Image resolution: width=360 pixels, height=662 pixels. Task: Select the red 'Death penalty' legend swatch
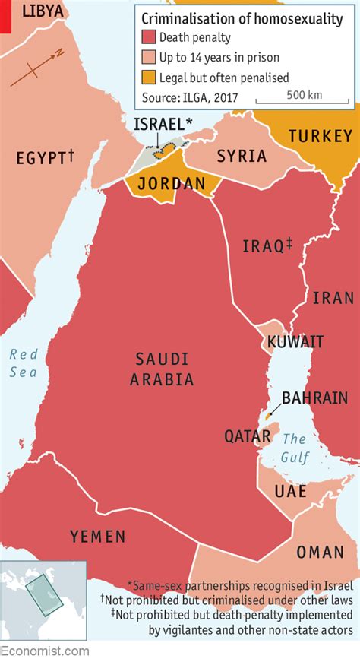[x=148, y=38]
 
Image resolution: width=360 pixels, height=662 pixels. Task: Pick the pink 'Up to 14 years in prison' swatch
[x=148, y=58]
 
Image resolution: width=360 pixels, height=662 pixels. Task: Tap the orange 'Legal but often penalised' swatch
[x=148, y=78]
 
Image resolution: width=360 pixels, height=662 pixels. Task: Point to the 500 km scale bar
[x=304, y=99]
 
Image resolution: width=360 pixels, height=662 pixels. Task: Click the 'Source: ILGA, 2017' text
[x=191, y=97]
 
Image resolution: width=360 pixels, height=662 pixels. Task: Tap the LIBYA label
[x=43, y=11]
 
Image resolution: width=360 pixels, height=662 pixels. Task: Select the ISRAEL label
[x=163, y=124]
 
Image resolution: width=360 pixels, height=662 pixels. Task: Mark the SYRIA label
[x=242, y=157]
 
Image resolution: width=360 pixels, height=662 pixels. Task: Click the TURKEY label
[x=320, y=136]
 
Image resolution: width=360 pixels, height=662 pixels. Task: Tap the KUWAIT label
[x=295, y=342]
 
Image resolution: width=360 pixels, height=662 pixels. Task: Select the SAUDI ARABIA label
[x=164, y=369]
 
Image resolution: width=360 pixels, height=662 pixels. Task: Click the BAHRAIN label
[x=314, y=398]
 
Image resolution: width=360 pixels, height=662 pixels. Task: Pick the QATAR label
[x=247, y=436]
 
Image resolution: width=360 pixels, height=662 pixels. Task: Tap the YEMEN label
[x=98, y=537]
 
